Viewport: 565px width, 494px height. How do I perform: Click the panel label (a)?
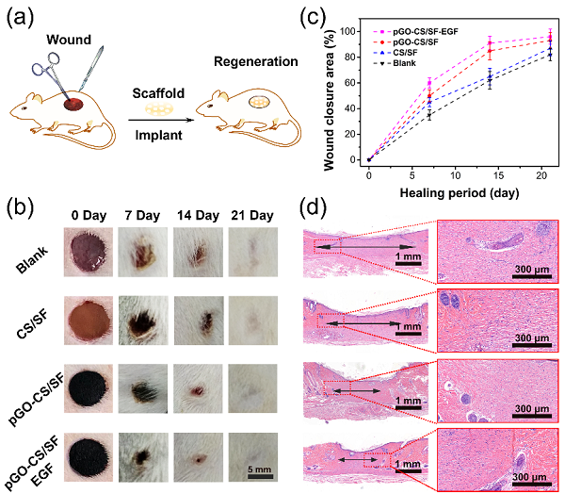20,17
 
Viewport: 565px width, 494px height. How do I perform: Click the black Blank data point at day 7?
429,115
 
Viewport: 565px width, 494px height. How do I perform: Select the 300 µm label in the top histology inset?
533,273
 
